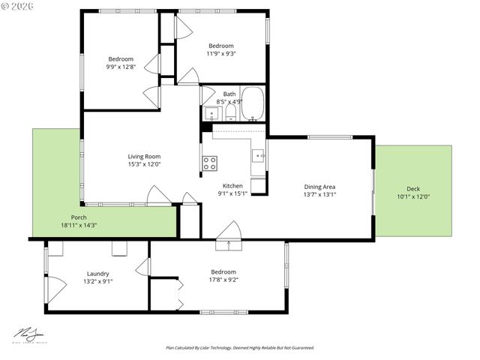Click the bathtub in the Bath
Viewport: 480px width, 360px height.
point(253,104)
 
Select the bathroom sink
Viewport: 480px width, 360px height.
point(211,115)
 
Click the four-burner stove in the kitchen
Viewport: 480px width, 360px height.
point(210,162)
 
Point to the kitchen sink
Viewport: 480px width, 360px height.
point(258,156)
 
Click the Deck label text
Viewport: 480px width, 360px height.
point(413,188)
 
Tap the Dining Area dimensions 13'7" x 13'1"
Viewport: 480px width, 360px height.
point(319,194)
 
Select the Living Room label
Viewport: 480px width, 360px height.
point(144,157)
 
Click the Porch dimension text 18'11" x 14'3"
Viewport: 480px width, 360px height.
point(79,225)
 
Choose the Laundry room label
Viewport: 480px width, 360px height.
point(98,274)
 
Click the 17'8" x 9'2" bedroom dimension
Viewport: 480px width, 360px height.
point(223,280)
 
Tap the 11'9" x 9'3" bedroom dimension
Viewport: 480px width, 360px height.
point(220,53)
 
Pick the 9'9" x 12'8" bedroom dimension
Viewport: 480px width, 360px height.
point(121,67)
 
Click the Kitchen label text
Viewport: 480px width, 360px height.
point(232,185)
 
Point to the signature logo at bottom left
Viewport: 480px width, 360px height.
point(29,334)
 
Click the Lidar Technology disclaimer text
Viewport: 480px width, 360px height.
point(239,348)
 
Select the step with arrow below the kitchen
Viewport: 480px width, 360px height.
point(225,244)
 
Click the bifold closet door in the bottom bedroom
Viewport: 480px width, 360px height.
point(178,292)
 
